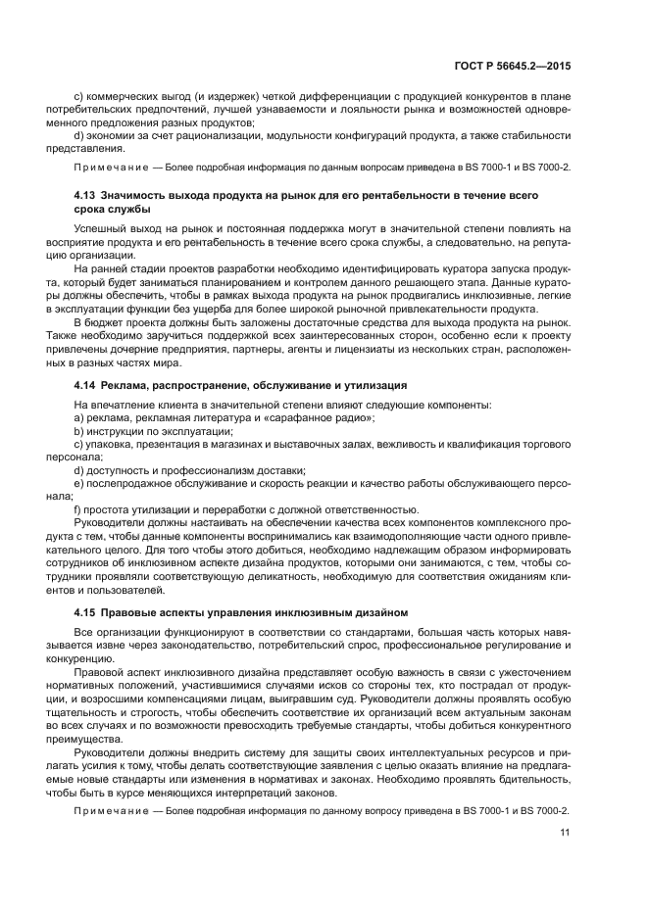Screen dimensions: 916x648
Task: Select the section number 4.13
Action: point(85,196)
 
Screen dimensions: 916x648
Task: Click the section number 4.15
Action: point(85,612)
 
